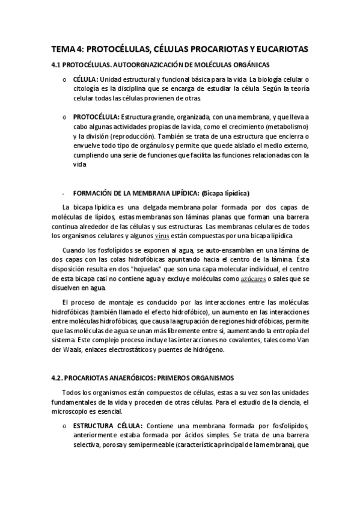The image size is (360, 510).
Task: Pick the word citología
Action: [x=88, y=88]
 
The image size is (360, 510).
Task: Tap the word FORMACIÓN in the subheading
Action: [x=94, y=193]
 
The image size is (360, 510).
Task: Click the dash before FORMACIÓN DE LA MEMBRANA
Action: [x=63, y=193]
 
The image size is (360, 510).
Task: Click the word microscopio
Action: [x=73, y=411]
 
